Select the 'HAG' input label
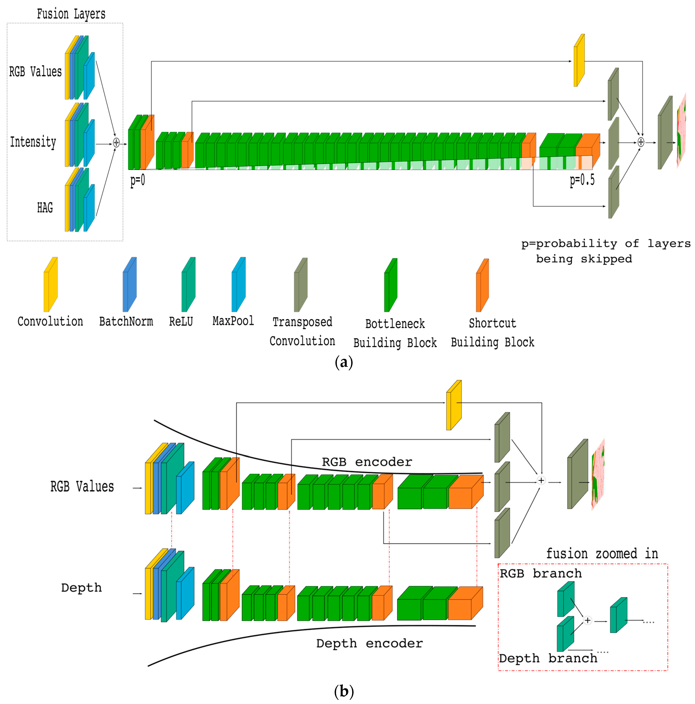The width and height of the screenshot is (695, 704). (x=45, y=208)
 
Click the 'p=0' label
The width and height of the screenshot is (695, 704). (x=137, y=180)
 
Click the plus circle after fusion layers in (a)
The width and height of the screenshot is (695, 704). (x=116, y=142)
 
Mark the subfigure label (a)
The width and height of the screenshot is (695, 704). (x=343, y=362)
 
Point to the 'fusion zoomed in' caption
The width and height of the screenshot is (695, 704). (x=602, y=554)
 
